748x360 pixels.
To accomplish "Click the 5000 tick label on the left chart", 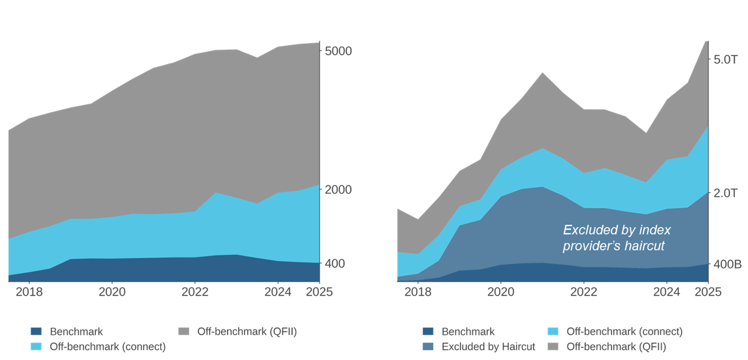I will pyautogui.click(x=338, y=51).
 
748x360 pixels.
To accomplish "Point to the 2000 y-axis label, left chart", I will pyautogui.click(x=338, y=190).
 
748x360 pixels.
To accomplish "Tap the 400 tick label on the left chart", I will pyautogui.click(x=335, y=264).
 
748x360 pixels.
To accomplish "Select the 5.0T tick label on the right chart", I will pyautogui.click(x=726, y=59).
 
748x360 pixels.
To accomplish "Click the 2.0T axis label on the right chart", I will pyautogui.click(x=726, y=193).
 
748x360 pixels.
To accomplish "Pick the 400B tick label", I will pyautogui.click(x=727, y=265).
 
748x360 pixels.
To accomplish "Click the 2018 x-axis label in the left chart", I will pyautogui.click(x=29, y=292).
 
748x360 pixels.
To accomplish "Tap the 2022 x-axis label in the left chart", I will pyautogui.click(x=195, y=292).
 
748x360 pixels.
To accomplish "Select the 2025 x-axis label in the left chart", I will pyautogui.click(x=319, y=292).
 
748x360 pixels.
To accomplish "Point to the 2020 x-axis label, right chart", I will pyautogui.click(x=500, y=292).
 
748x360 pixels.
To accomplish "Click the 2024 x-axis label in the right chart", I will pyautogui.click(x=666, y=292).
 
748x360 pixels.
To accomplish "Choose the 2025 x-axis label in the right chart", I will pyautogui.click(x=708, y=292).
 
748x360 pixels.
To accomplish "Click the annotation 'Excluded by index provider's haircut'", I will pyautogui.click(x=616, y=238).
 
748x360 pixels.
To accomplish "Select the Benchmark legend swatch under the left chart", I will pyautogui.click(x=36, y=332).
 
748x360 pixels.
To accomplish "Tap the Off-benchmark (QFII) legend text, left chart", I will pyautogui.click(x=247, y=332).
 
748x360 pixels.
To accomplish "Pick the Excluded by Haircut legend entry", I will pyautogui.click(x=488, y=347).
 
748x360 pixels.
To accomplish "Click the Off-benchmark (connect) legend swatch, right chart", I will pyautogui.click(x=553, y=332).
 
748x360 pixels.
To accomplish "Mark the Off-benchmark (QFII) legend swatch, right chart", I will pyautogui.click(x=553, y=347).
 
